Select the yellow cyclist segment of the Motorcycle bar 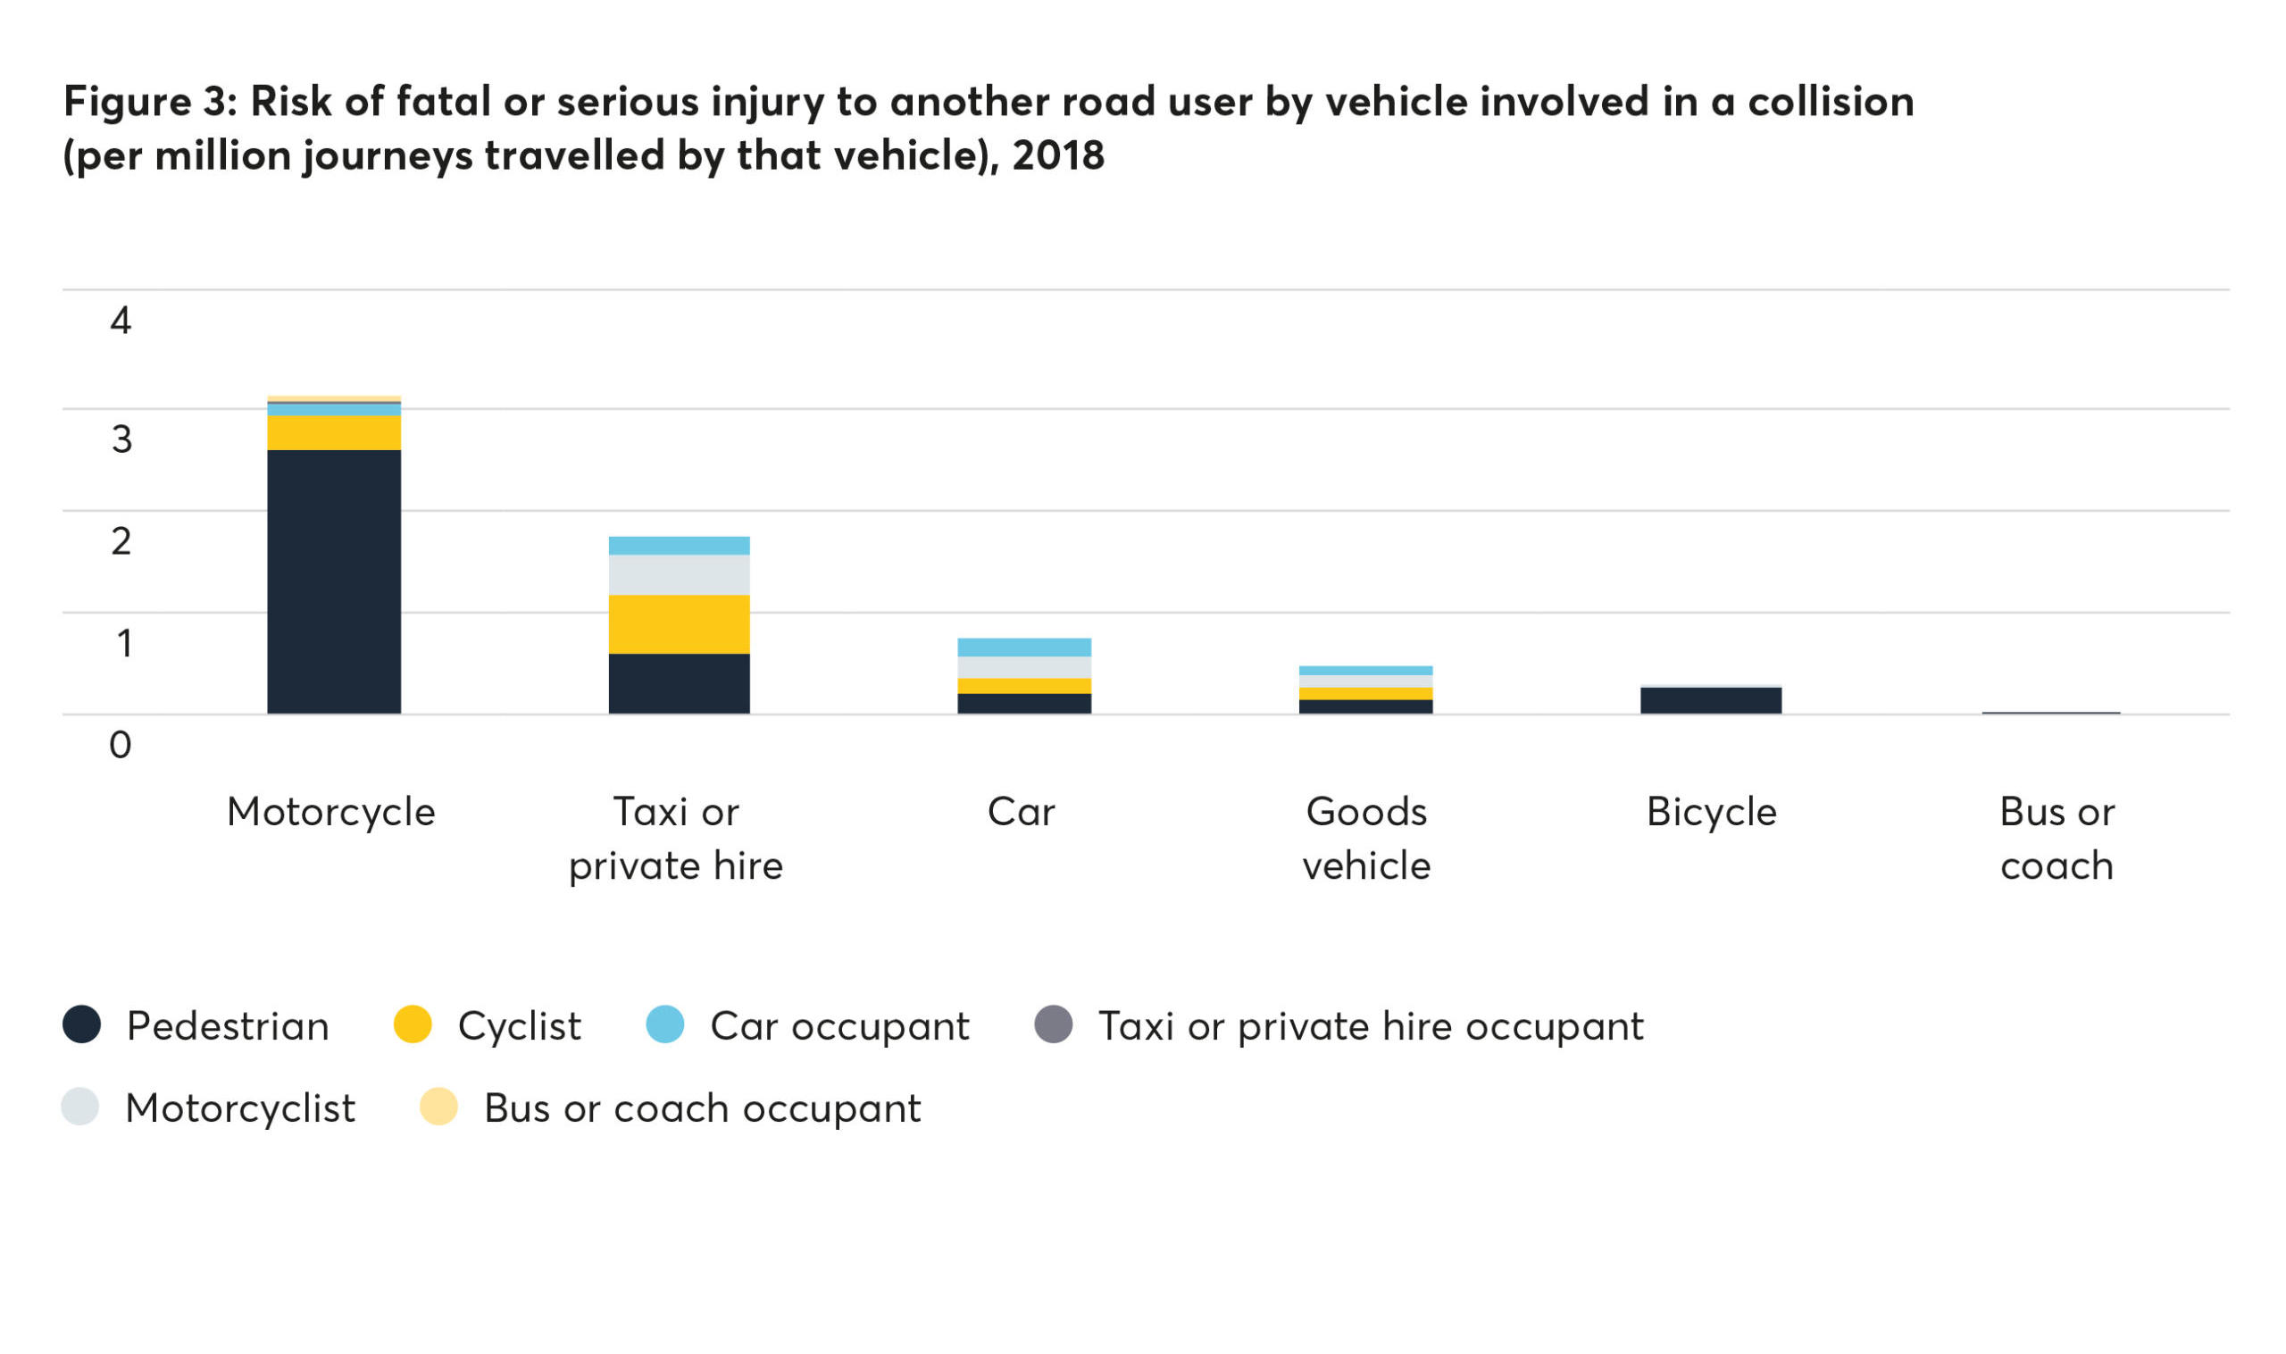pos(334,432)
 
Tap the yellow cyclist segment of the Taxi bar pos(679,624)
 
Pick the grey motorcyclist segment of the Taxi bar pos(679,575)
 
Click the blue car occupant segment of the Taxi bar pos(679,546)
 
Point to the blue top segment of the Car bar pos(1023,647)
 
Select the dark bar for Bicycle pos(1710,700)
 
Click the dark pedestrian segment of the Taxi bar pos(679,683)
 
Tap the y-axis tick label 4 pos(121,321)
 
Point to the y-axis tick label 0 pos(121,745)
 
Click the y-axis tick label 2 pos(121,541)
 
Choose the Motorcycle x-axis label pos(331,811)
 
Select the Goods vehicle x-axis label pos(1365,838)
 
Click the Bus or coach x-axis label pos(2057,838)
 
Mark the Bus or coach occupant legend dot pos(438,1107)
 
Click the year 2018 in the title pos(1057,155)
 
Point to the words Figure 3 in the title pos(145,100)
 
